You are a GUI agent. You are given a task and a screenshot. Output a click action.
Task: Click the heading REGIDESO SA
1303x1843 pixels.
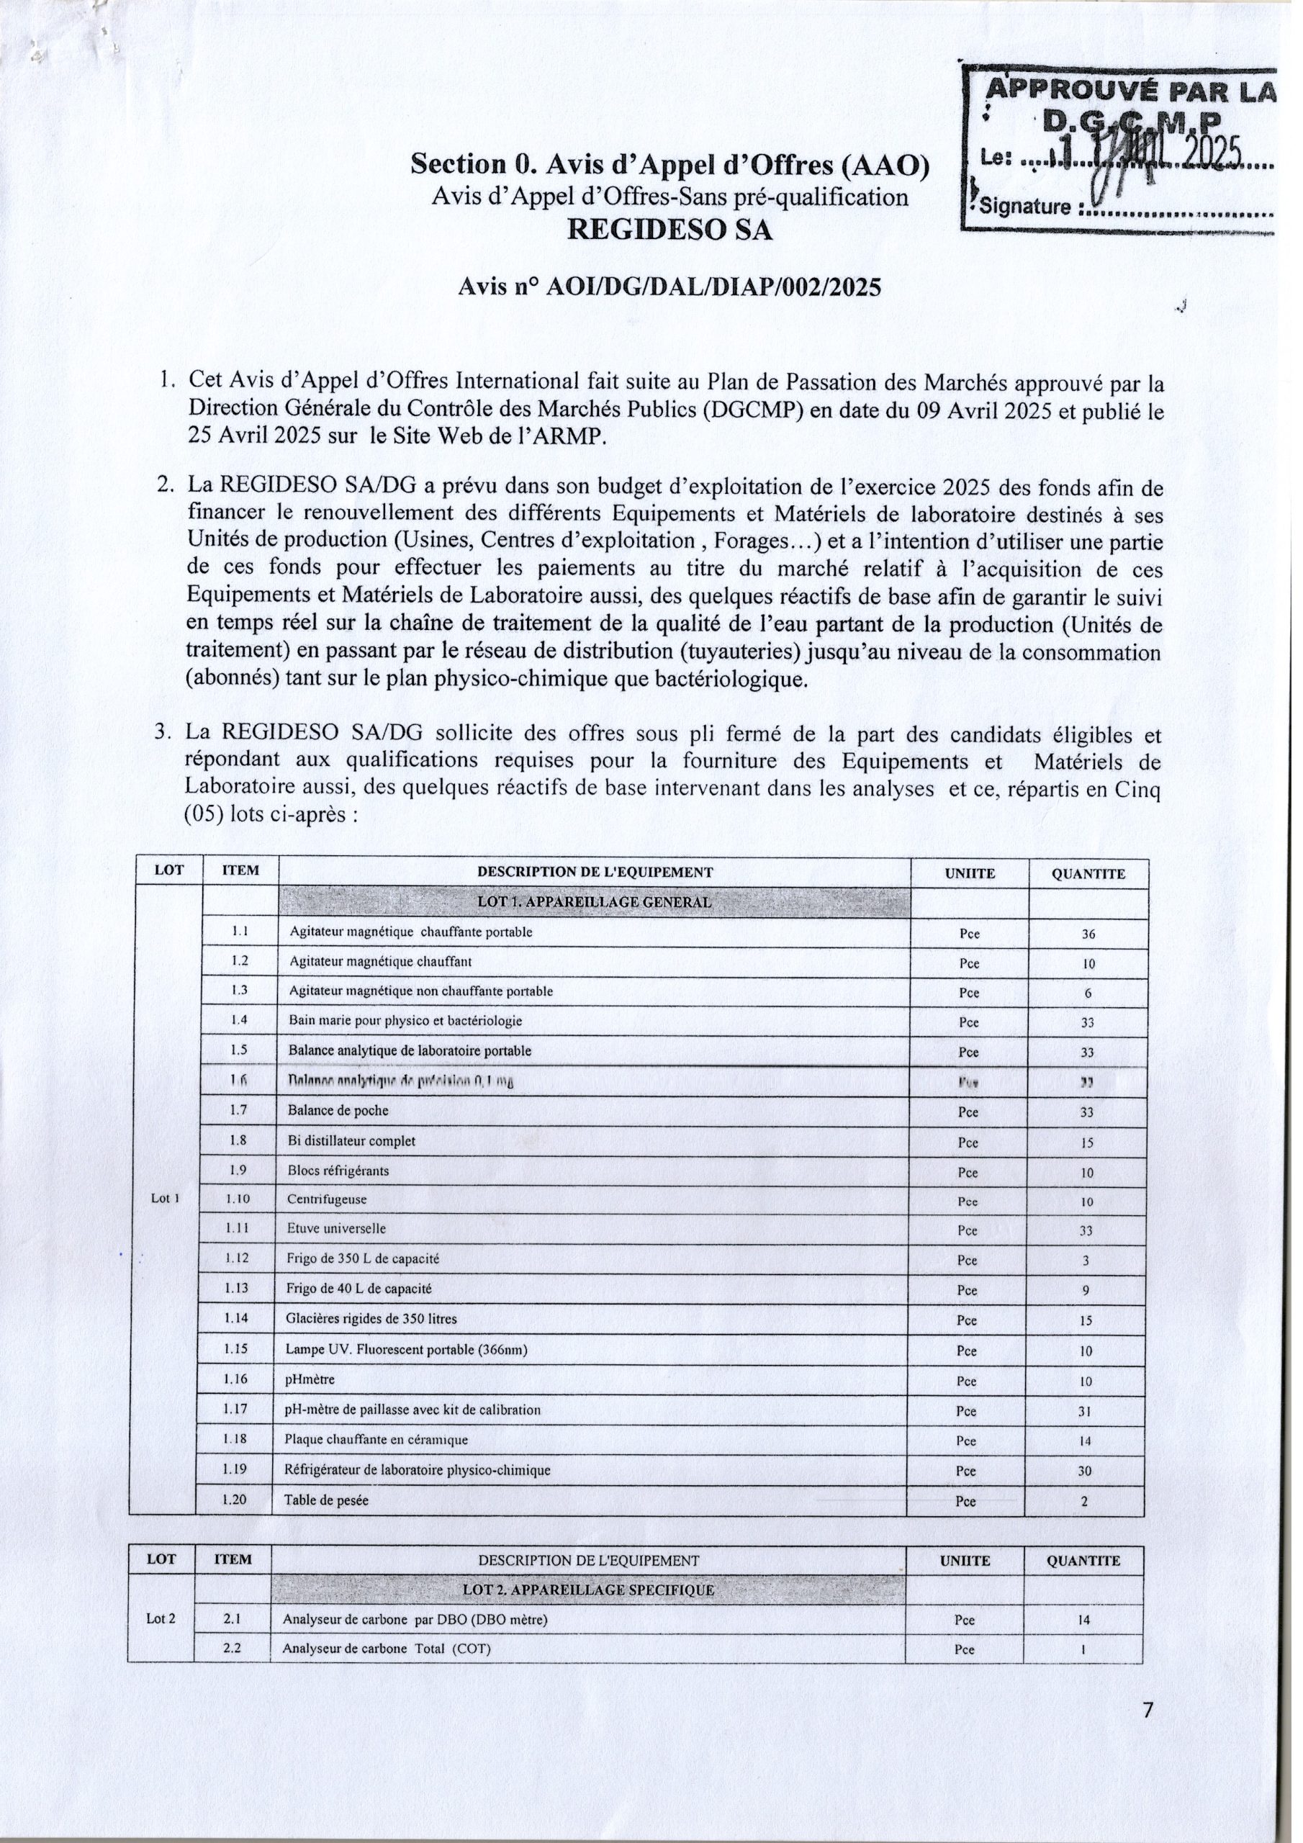669,230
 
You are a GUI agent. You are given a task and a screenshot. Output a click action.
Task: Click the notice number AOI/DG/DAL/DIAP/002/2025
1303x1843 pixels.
712,287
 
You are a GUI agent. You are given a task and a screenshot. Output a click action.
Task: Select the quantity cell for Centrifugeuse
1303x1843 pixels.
1086,1202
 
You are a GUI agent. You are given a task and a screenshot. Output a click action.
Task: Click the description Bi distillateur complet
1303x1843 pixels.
351,1140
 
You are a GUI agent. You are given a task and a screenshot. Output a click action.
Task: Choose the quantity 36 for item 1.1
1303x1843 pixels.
1088,934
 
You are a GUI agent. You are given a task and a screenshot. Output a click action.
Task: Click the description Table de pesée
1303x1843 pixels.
328,1500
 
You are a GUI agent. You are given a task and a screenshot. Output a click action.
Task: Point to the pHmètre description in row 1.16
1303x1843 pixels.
311,1380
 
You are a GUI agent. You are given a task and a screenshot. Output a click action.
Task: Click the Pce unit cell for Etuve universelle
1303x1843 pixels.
968,1231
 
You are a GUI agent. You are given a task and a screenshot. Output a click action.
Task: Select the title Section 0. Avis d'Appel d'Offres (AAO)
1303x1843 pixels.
670,165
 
